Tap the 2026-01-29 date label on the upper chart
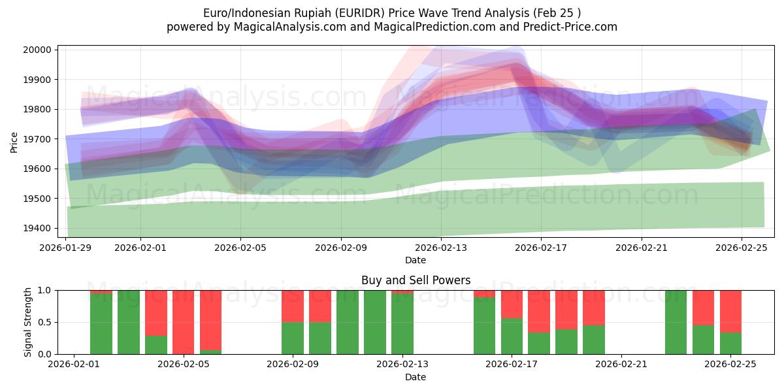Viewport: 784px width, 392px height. point(66,248)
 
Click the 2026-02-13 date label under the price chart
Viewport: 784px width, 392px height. point(441,248)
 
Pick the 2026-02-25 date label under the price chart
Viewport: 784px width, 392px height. point(742,248)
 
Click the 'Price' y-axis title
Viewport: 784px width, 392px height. point(14,141)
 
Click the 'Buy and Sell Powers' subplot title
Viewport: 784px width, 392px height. point(416,280)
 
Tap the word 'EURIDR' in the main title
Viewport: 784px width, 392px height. point(346,12)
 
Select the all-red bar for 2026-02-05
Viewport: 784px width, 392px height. point(184,322)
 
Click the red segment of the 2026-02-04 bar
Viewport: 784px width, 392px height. point(156,313)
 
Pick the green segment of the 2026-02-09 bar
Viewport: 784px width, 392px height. point(293,338)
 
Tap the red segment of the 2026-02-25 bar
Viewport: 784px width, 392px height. point(730,311)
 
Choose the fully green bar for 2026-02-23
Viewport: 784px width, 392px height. point(676,322)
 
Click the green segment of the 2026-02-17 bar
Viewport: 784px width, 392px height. point(512,336)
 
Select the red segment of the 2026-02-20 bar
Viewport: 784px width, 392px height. point(593,307)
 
